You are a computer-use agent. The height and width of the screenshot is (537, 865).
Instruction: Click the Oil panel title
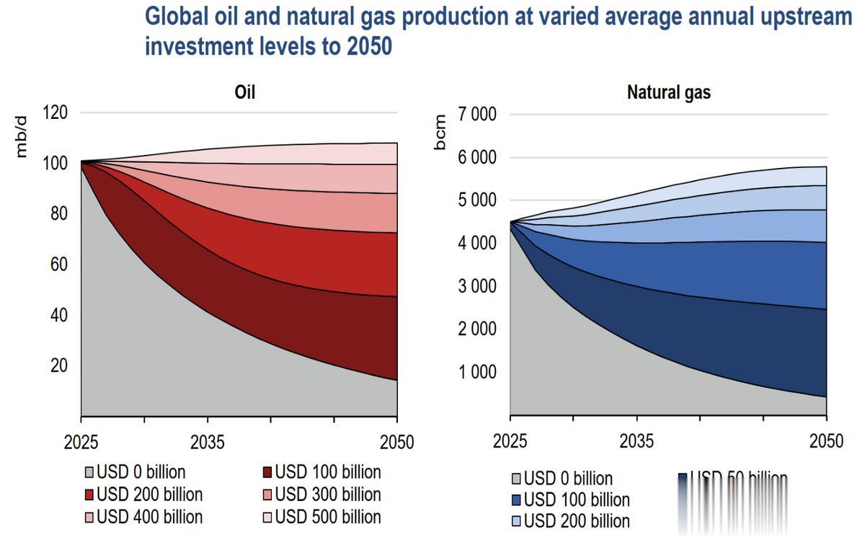pyautogui.click(x=244, y=92)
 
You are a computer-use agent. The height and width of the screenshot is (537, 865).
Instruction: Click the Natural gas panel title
pyautogui.click(x=668, y=92)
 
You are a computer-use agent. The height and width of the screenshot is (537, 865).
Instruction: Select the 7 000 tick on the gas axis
pyautogui.click(x=474, y=115)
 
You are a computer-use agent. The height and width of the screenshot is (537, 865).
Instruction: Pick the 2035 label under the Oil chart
pyautogui.click(x=208, y=441)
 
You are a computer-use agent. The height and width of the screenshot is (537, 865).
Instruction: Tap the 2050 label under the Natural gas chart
pyautogui.click(x=825, y=441)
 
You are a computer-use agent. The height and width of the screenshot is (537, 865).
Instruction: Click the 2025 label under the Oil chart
pyautogui.click(x=81, y=441)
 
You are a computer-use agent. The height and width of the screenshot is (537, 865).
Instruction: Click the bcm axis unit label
pyautogui.click(x=440, y=132)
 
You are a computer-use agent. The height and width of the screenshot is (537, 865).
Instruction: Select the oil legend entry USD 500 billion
pyautogui.click(x=321, y=517)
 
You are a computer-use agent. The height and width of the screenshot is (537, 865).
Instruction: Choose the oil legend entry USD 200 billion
pyautogui.click(x=143, y=494)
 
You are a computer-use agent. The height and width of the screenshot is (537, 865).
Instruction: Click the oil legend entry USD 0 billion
pyautogui.click(x=134, y=472)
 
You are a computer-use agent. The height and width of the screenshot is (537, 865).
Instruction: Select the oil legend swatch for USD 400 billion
pyautogui.click(x=90, y=518)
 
